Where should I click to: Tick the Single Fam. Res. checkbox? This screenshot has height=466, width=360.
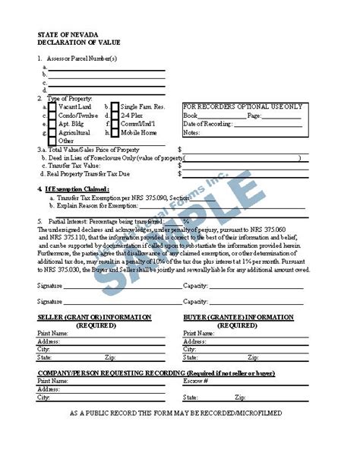(114, 107)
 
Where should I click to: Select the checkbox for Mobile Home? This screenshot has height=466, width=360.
(114, 132)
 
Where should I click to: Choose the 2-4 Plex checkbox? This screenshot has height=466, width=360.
(114, 116)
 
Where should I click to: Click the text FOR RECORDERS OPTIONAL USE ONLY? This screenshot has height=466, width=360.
(242, 106)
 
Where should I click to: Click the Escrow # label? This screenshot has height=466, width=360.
(195, 380)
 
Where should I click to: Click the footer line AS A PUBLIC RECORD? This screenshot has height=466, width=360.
(175, 412)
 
